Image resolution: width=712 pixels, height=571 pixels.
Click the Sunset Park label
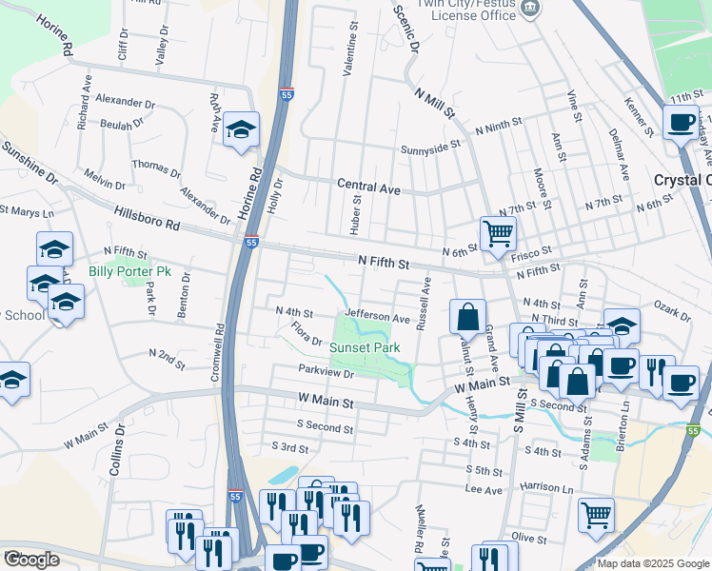coord(363,348)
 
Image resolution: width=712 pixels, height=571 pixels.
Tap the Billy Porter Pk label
coord(129,271)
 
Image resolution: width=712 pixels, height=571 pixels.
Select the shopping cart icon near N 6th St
coord(498,232)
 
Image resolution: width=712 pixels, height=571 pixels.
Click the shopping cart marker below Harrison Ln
coord(596,515)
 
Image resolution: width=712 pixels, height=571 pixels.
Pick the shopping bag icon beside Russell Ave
coord(467,317)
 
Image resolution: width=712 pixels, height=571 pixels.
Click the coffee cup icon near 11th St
coord(682,122)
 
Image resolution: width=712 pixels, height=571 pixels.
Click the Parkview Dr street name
coord(326,373)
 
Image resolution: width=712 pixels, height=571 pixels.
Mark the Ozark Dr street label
coord(672,309)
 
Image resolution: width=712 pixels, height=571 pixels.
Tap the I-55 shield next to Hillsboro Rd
coord(251,243)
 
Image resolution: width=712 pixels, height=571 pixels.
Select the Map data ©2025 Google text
coord(652,563)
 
